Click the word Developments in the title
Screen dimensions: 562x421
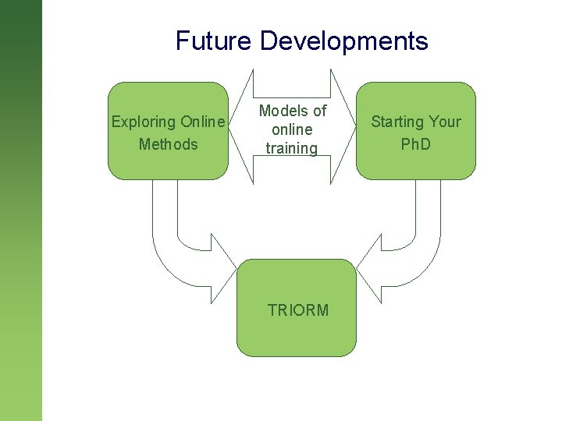[x=343, y=41]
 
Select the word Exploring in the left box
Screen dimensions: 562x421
[x=144, y=122]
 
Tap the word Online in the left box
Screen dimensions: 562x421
[x=203, y=122]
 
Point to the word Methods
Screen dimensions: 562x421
[x=168, y=144]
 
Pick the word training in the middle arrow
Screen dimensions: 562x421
[x=291, y=148]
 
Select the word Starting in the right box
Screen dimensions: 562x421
[x=397, y=122]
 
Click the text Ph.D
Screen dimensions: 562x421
[x=415, y=144]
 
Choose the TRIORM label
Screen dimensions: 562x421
[x=297, y=310]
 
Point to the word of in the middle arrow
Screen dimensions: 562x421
[x=318, y=111]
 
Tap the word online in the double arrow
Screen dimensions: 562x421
[x=291, y=129]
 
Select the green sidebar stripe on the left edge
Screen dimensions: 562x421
[x=20, y=210]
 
